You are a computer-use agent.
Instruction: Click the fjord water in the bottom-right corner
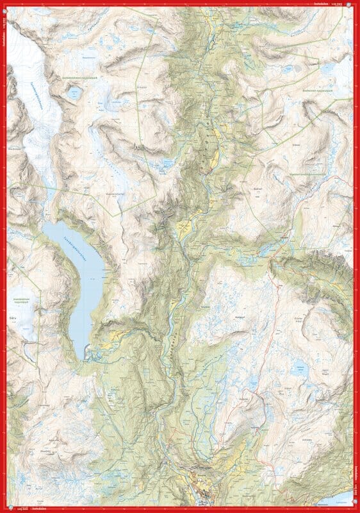336,498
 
